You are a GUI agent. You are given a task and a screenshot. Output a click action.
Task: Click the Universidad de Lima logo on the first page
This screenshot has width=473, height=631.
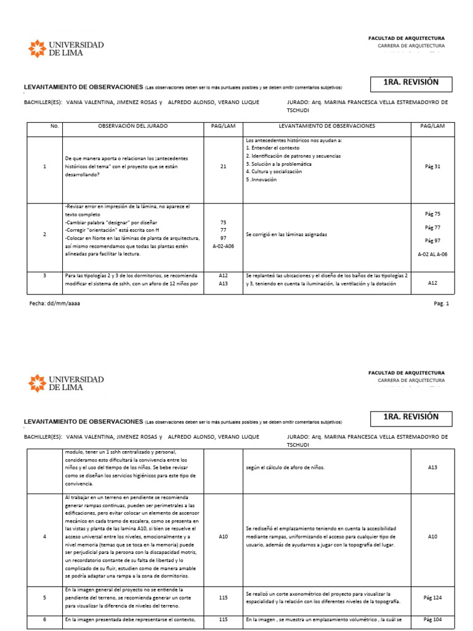pos(66,49)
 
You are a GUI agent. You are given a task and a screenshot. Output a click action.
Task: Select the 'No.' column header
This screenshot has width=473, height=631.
pos(54,126)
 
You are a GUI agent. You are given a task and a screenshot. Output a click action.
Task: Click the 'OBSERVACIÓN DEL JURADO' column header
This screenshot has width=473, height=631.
pos(132,126)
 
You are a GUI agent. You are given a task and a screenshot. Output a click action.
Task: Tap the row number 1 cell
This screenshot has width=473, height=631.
pos(44,166)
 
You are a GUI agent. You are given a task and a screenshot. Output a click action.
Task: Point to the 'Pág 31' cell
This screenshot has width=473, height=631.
pos(432,166)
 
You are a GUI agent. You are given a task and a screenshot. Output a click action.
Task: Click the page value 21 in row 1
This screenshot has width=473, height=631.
pos(223,166)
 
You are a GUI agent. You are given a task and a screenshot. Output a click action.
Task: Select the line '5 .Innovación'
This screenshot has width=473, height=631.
pos(261,180)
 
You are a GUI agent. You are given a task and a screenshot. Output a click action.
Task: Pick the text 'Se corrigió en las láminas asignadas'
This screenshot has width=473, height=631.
pos(286,235)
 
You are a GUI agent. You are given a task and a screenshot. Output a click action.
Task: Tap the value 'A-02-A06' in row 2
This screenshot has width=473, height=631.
pos(223,246)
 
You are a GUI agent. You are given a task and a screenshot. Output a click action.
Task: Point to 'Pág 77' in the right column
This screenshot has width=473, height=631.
pos(432,227)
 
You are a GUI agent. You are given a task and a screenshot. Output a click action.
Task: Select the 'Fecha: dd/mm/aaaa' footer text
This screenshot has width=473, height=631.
pos(55,304)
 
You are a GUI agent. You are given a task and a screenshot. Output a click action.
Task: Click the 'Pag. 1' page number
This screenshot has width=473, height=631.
pos(442,304)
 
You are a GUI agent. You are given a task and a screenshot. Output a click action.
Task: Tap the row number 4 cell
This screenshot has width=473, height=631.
pos(44,537)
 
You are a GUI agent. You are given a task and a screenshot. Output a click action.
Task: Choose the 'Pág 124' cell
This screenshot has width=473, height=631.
pos(432,597)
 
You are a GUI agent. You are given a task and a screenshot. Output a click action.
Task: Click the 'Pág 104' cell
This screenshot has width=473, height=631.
pos(432,619)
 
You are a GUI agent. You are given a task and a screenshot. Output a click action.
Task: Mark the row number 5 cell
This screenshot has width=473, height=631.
pos(44,597)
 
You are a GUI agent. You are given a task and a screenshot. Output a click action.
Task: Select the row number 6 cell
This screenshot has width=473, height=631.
pos(44,619)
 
